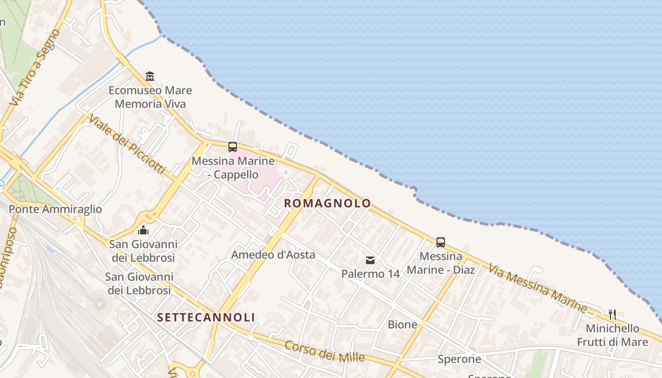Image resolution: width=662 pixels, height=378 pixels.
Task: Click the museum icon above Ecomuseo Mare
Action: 150,76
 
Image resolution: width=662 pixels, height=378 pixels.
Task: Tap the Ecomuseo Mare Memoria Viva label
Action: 150,97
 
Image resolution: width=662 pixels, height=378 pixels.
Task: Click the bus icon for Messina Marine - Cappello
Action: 232,146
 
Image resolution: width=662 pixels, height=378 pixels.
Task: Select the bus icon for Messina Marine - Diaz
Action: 440,242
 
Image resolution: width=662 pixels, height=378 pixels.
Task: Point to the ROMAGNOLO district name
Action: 327,204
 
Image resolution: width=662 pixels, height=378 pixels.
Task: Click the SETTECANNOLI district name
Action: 206,317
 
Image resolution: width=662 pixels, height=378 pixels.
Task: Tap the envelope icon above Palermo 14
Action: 370,260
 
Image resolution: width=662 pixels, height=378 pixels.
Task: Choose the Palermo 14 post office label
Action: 370,274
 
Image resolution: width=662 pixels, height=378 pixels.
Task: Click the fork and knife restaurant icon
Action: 612,314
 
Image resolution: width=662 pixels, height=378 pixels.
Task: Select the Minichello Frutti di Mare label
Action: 612,335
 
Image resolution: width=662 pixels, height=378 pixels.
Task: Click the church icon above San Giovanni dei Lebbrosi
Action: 143,230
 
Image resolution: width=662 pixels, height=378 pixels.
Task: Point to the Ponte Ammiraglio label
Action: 55,209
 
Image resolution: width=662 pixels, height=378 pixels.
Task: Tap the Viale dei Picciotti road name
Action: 127,144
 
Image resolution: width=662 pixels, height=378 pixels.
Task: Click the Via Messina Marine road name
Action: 538,288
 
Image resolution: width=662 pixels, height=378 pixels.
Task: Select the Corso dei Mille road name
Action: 324,351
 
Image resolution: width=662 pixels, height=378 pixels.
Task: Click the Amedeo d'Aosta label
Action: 273,255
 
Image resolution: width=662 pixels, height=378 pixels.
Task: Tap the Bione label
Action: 402,325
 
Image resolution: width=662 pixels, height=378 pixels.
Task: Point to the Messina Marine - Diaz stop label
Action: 441,263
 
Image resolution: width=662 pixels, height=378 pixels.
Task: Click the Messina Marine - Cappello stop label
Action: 233,168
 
